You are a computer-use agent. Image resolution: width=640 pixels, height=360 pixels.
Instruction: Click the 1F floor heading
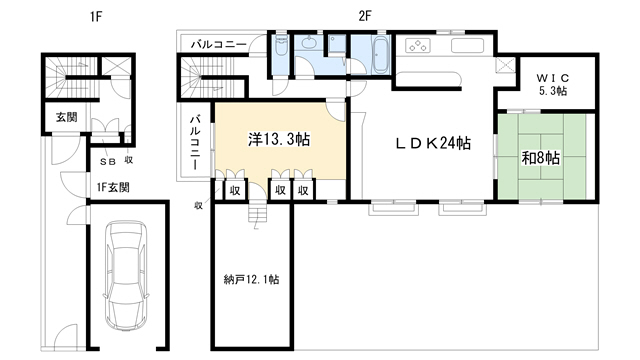96,17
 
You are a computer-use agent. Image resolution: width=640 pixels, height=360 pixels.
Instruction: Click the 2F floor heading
364,16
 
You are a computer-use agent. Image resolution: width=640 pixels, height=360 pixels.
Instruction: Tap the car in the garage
127,277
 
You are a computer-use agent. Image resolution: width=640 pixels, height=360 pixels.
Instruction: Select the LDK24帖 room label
433,143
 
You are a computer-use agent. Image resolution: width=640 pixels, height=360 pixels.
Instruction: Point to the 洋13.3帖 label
279,139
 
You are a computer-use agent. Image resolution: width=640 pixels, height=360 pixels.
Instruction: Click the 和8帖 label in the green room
540,158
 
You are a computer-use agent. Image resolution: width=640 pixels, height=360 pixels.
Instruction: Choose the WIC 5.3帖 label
553,84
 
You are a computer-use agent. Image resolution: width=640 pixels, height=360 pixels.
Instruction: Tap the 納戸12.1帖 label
251,280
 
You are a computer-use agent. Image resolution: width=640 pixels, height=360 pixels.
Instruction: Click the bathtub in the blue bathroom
380,56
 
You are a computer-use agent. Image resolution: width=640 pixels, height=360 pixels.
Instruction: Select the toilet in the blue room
281,46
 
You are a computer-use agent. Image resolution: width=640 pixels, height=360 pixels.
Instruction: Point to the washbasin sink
310,42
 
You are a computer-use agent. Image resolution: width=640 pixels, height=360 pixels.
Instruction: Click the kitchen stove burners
418,46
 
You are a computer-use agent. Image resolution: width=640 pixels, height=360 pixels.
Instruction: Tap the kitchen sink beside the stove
467,46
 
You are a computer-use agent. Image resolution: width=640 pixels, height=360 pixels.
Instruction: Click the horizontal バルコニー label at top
219,44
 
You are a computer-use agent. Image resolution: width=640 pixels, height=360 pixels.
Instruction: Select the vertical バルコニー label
196,142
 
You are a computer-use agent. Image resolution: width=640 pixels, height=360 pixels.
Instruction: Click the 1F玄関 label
113,187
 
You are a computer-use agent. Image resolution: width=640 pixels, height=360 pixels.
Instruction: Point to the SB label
108,162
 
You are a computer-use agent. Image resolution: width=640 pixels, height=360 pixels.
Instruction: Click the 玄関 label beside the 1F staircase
67,117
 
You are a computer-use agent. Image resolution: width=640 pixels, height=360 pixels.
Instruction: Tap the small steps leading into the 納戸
258,213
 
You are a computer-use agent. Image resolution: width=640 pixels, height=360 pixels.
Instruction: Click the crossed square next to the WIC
505,66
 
